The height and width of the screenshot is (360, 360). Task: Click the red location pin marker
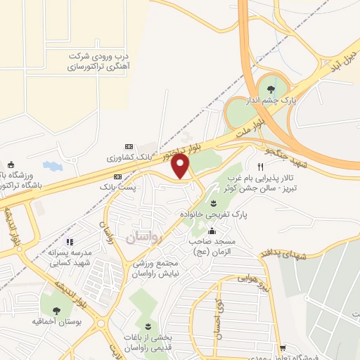click(x=181, y=166)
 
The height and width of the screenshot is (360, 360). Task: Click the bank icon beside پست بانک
click(x=117, y=176)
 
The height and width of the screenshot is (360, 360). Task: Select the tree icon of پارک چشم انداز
click(x=271, y=88)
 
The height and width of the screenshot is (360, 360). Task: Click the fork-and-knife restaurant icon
click(x=260, y=167)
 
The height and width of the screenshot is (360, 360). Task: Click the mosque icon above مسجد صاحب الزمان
click(x=212, y=231)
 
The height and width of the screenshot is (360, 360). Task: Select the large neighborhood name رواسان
click(x=144, y=238)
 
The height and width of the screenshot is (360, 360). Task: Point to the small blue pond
click(x=53, y=167)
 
